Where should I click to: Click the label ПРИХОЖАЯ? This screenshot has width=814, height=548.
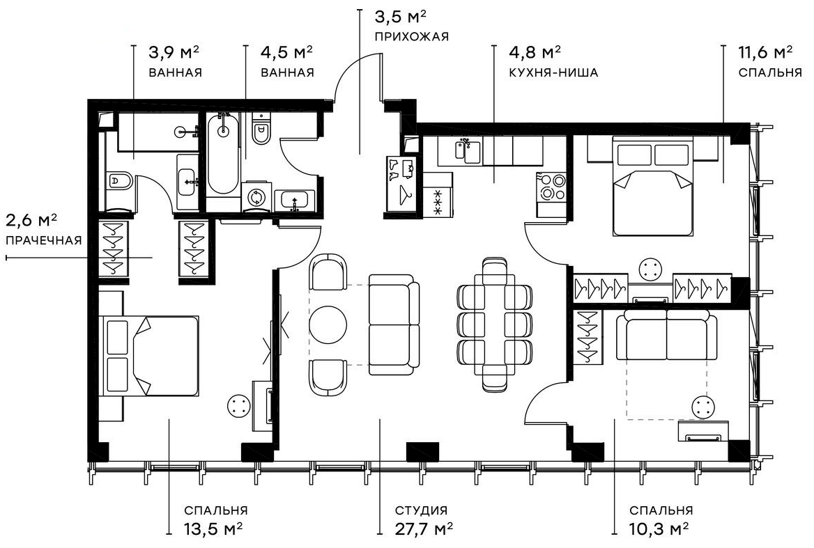click(x=411, y=36)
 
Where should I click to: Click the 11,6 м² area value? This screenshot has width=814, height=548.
click(x=765, y=52)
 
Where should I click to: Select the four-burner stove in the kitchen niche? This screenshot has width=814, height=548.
click(x=551, y=186)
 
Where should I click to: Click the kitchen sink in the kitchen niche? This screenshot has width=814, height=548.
click(x=468, y=150)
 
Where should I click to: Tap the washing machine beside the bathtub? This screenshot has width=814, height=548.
click(x=256, y=196)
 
